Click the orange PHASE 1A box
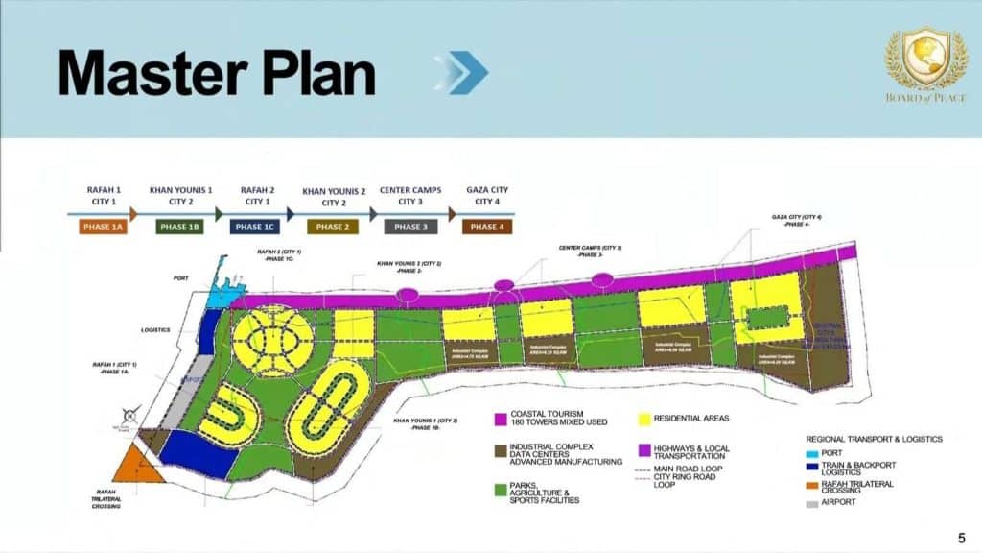[102, 228]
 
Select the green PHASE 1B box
[179, 228]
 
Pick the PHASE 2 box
[332, 228]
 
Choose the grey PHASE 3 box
[409, 228]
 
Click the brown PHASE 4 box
[485, 228]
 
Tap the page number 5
[962, 537]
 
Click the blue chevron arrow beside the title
[462, 72]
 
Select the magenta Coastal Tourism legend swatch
[500, 420]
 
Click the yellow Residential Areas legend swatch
[644, 420]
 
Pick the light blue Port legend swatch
[813, 453]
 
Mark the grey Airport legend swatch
[813, 501]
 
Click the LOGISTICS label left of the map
[156, 328]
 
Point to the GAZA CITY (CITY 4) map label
[797, 221]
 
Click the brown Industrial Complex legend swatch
[500, 449]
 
